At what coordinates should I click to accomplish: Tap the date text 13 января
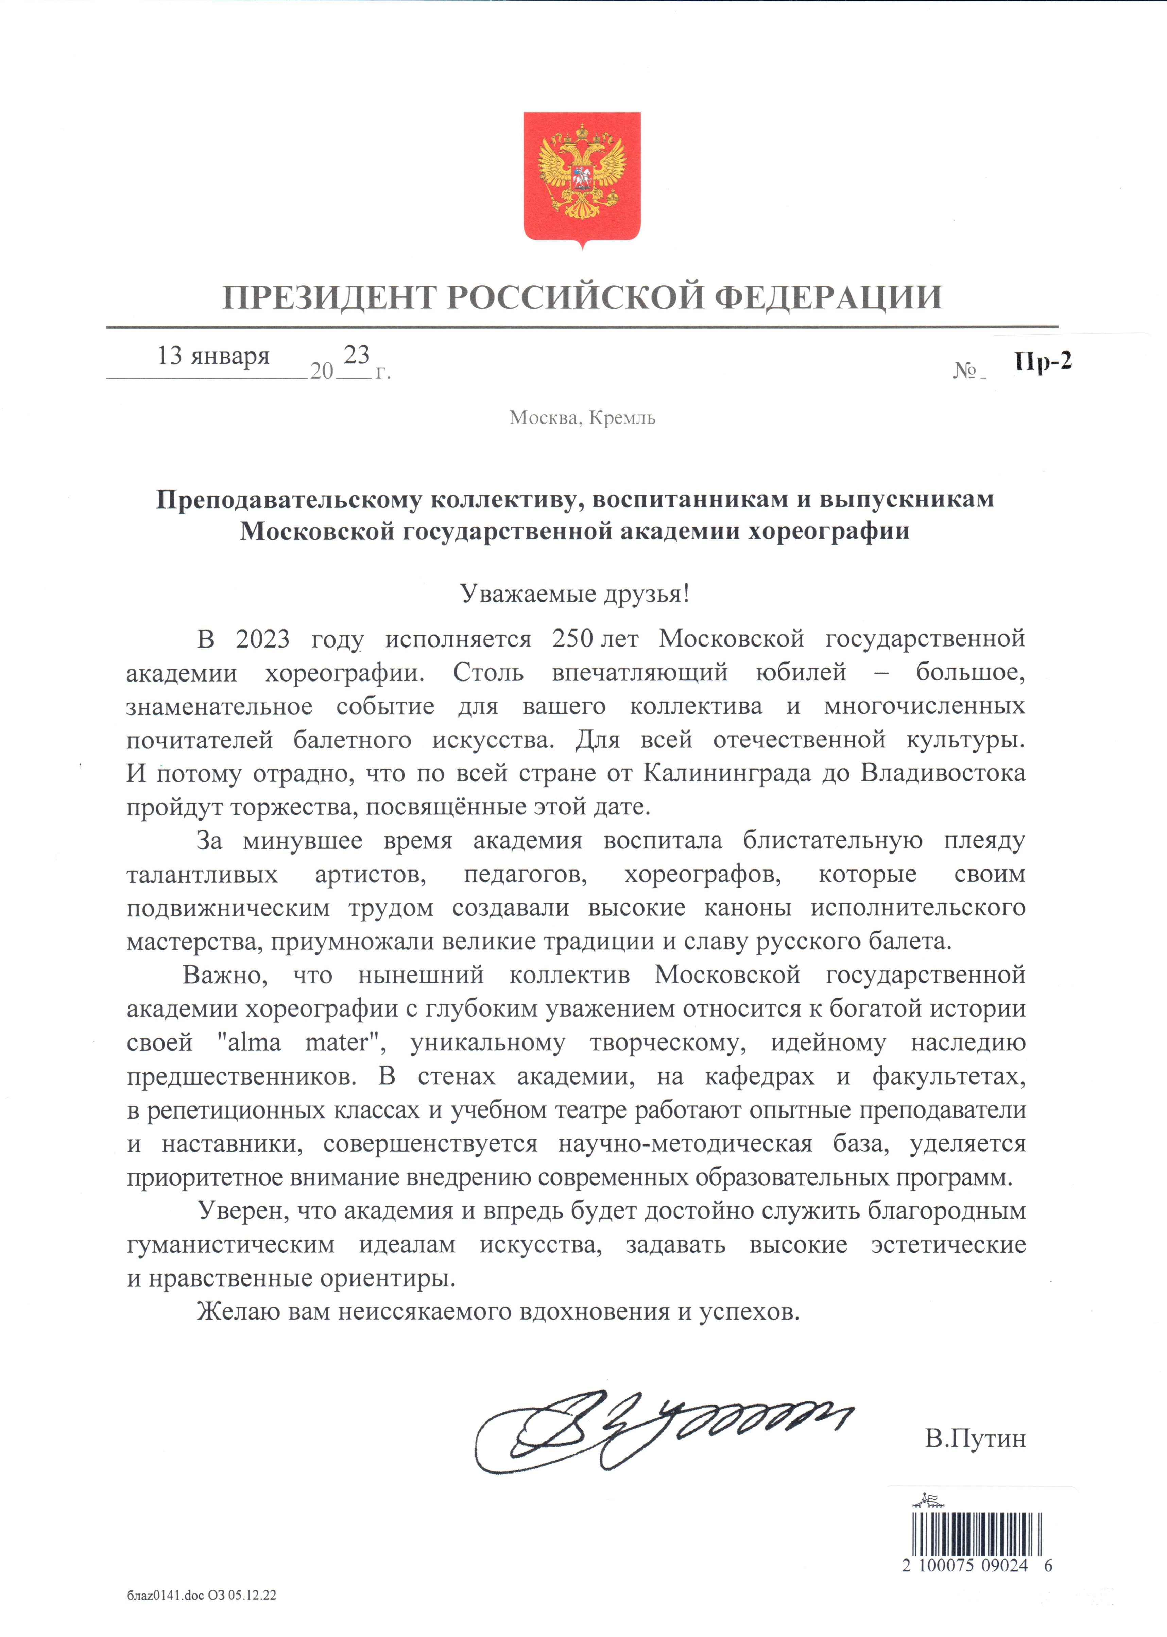(213, 356)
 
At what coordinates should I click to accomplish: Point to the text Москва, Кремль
(582, 417)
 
